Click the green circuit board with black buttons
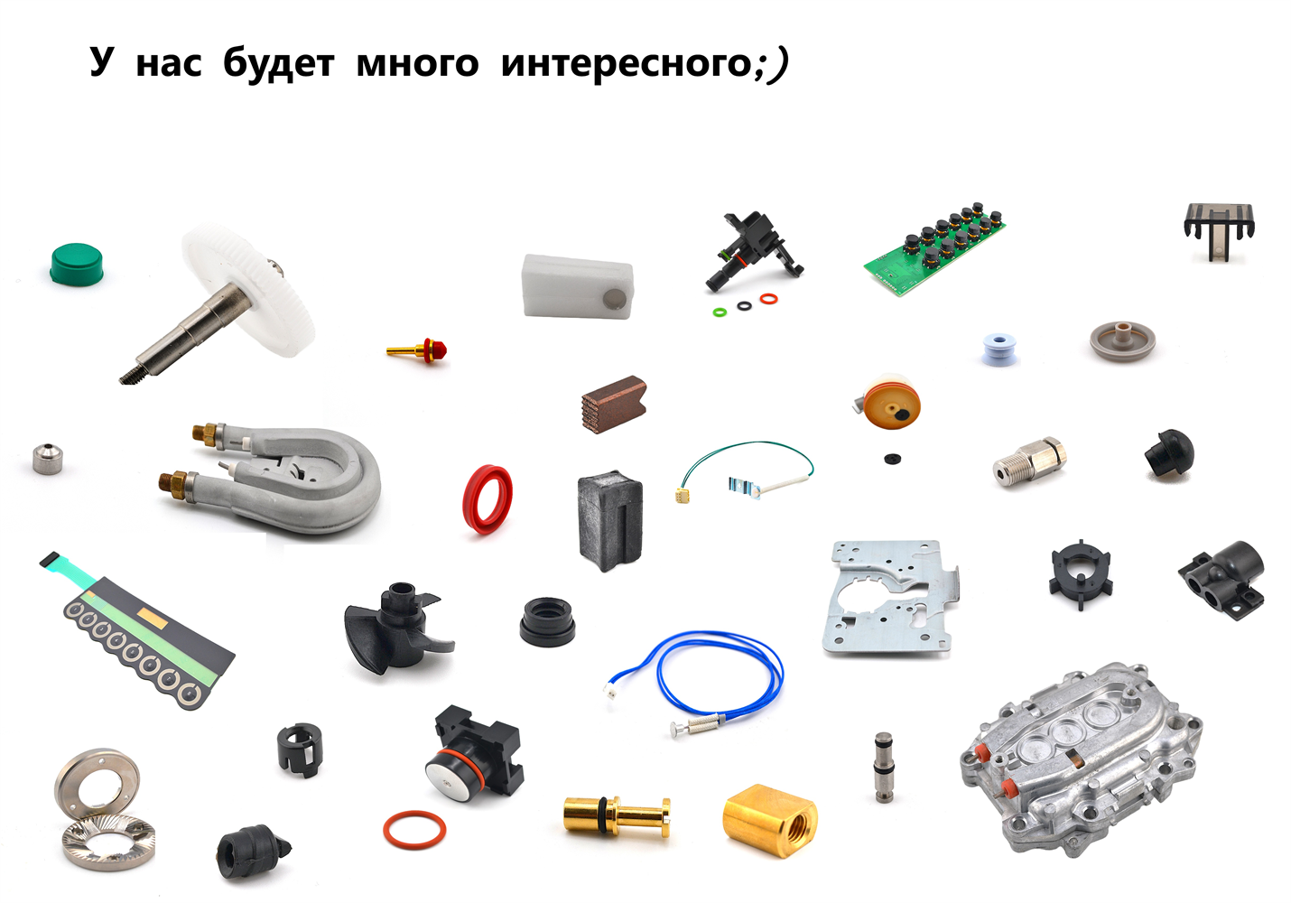(934, 248)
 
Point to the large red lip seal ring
(488, 498)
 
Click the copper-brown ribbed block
(615, 404)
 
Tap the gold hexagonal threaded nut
(770, 821)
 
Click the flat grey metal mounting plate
(890, 598)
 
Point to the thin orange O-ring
(414, 830)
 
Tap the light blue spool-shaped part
(998, 349)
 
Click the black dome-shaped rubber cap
(1169, 453)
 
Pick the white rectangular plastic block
(578, 286)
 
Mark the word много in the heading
(418, 63)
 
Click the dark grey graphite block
(610, 520)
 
